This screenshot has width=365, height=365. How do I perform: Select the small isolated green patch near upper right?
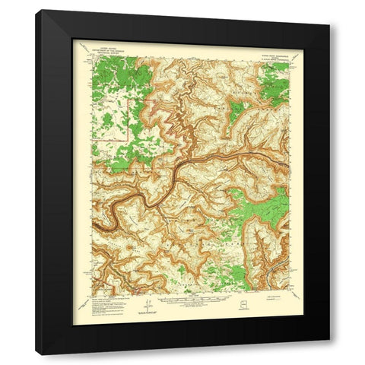click(x=235, y=115)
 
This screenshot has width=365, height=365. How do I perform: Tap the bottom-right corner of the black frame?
click(x=329, y=354)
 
